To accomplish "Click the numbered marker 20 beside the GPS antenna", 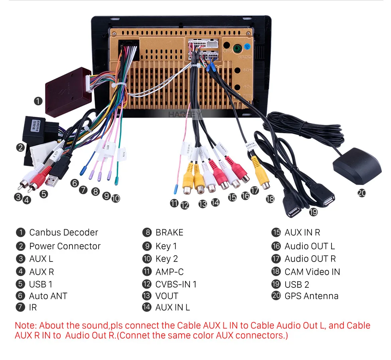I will point(361,193).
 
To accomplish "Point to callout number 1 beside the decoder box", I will point(38,101).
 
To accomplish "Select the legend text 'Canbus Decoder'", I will point(63,232).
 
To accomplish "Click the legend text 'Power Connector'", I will point(65,246).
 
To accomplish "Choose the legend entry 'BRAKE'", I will point(169,232).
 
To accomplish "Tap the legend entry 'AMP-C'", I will point(169,272).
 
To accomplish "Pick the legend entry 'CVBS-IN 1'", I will point(176,284).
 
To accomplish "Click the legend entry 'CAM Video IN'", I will point(312,272).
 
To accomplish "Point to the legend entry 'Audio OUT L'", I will point(310,246).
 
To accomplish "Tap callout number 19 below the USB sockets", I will point(313,212).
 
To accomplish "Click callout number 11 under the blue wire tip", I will point(174,203).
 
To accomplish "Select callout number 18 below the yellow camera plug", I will point(270,198).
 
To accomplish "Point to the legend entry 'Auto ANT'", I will point(48,296).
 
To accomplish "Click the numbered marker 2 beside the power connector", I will point(20,148).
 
